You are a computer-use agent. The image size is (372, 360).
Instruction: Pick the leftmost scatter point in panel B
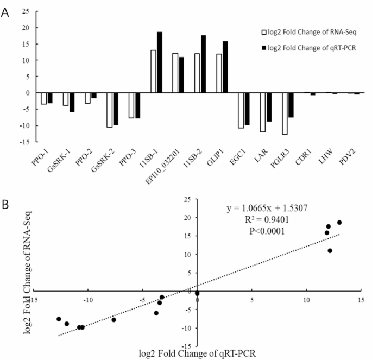pos(59,319)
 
